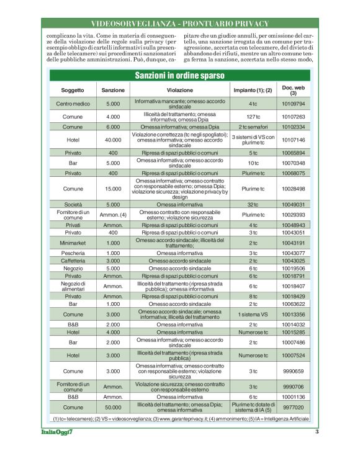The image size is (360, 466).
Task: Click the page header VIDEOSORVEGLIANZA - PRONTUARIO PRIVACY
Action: (x=180, y=24)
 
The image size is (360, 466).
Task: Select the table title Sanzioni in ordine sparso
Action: (x=180, y=75)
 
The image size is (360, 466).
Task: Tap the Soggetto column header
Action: (x=73, y=90)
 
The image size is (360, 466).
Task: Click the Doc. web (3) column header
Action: (x=294, y=90)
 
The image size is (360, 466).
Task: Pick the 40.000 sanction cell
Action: (x=113, y=140)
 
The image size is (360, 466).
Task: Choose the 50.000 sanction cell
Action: (x=113, y=408)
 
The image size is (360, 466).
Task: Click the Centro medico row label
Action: (x=73, y=104)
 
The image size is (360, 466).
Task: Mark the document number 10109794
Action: (x=294, y=104)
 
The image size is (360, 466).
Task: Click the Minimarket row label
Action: (x=73, y=243)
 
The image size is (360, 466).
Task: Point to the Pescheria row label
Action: (x=73, y=254)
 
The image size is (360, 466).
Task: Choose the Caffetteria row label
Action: (x=73, y=261)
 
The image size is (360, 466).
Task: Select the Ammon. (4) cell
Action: (x=113, y=215)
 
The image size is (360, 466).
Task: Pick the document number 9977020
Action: (x=294, y=408)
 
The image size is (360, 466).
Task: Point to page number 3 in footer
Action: (x=317, y=432)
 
